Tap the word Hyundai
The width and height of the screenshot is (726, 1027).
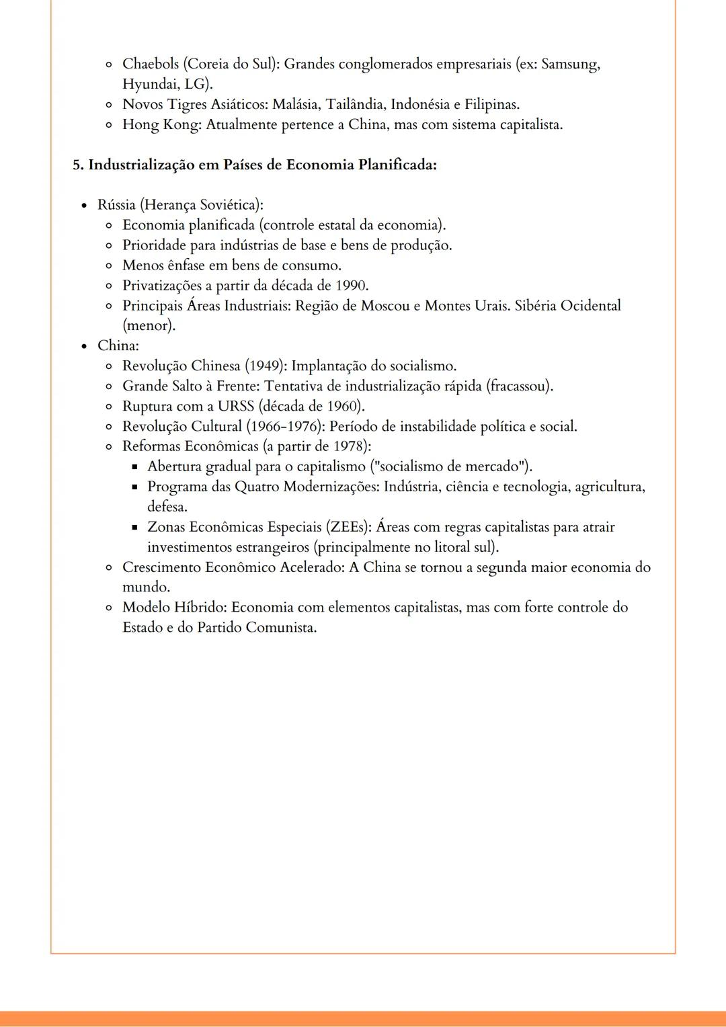click(150, 85)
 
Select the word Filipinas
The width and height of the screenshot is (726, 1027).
click(491, 105)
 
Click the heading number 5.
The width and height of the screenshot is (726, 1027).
click(77, 165)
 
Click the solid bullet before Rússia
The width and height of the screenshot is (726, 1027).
click(84, 205)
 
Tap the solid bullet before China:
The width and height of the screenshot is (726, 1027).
click(84, 346)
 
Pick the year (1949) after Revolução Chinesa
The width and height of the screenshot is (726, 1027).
click(265, 366)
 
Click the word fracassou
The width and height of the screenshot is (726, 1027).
click(521, 386)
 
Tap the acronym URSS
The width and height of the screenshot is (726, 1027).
click(235, 407)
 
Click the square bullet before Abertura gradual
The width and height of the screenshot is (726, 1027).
click(134, 467)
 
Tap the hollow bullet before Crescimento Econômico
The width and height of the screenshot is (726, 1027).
click(109, 568)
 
